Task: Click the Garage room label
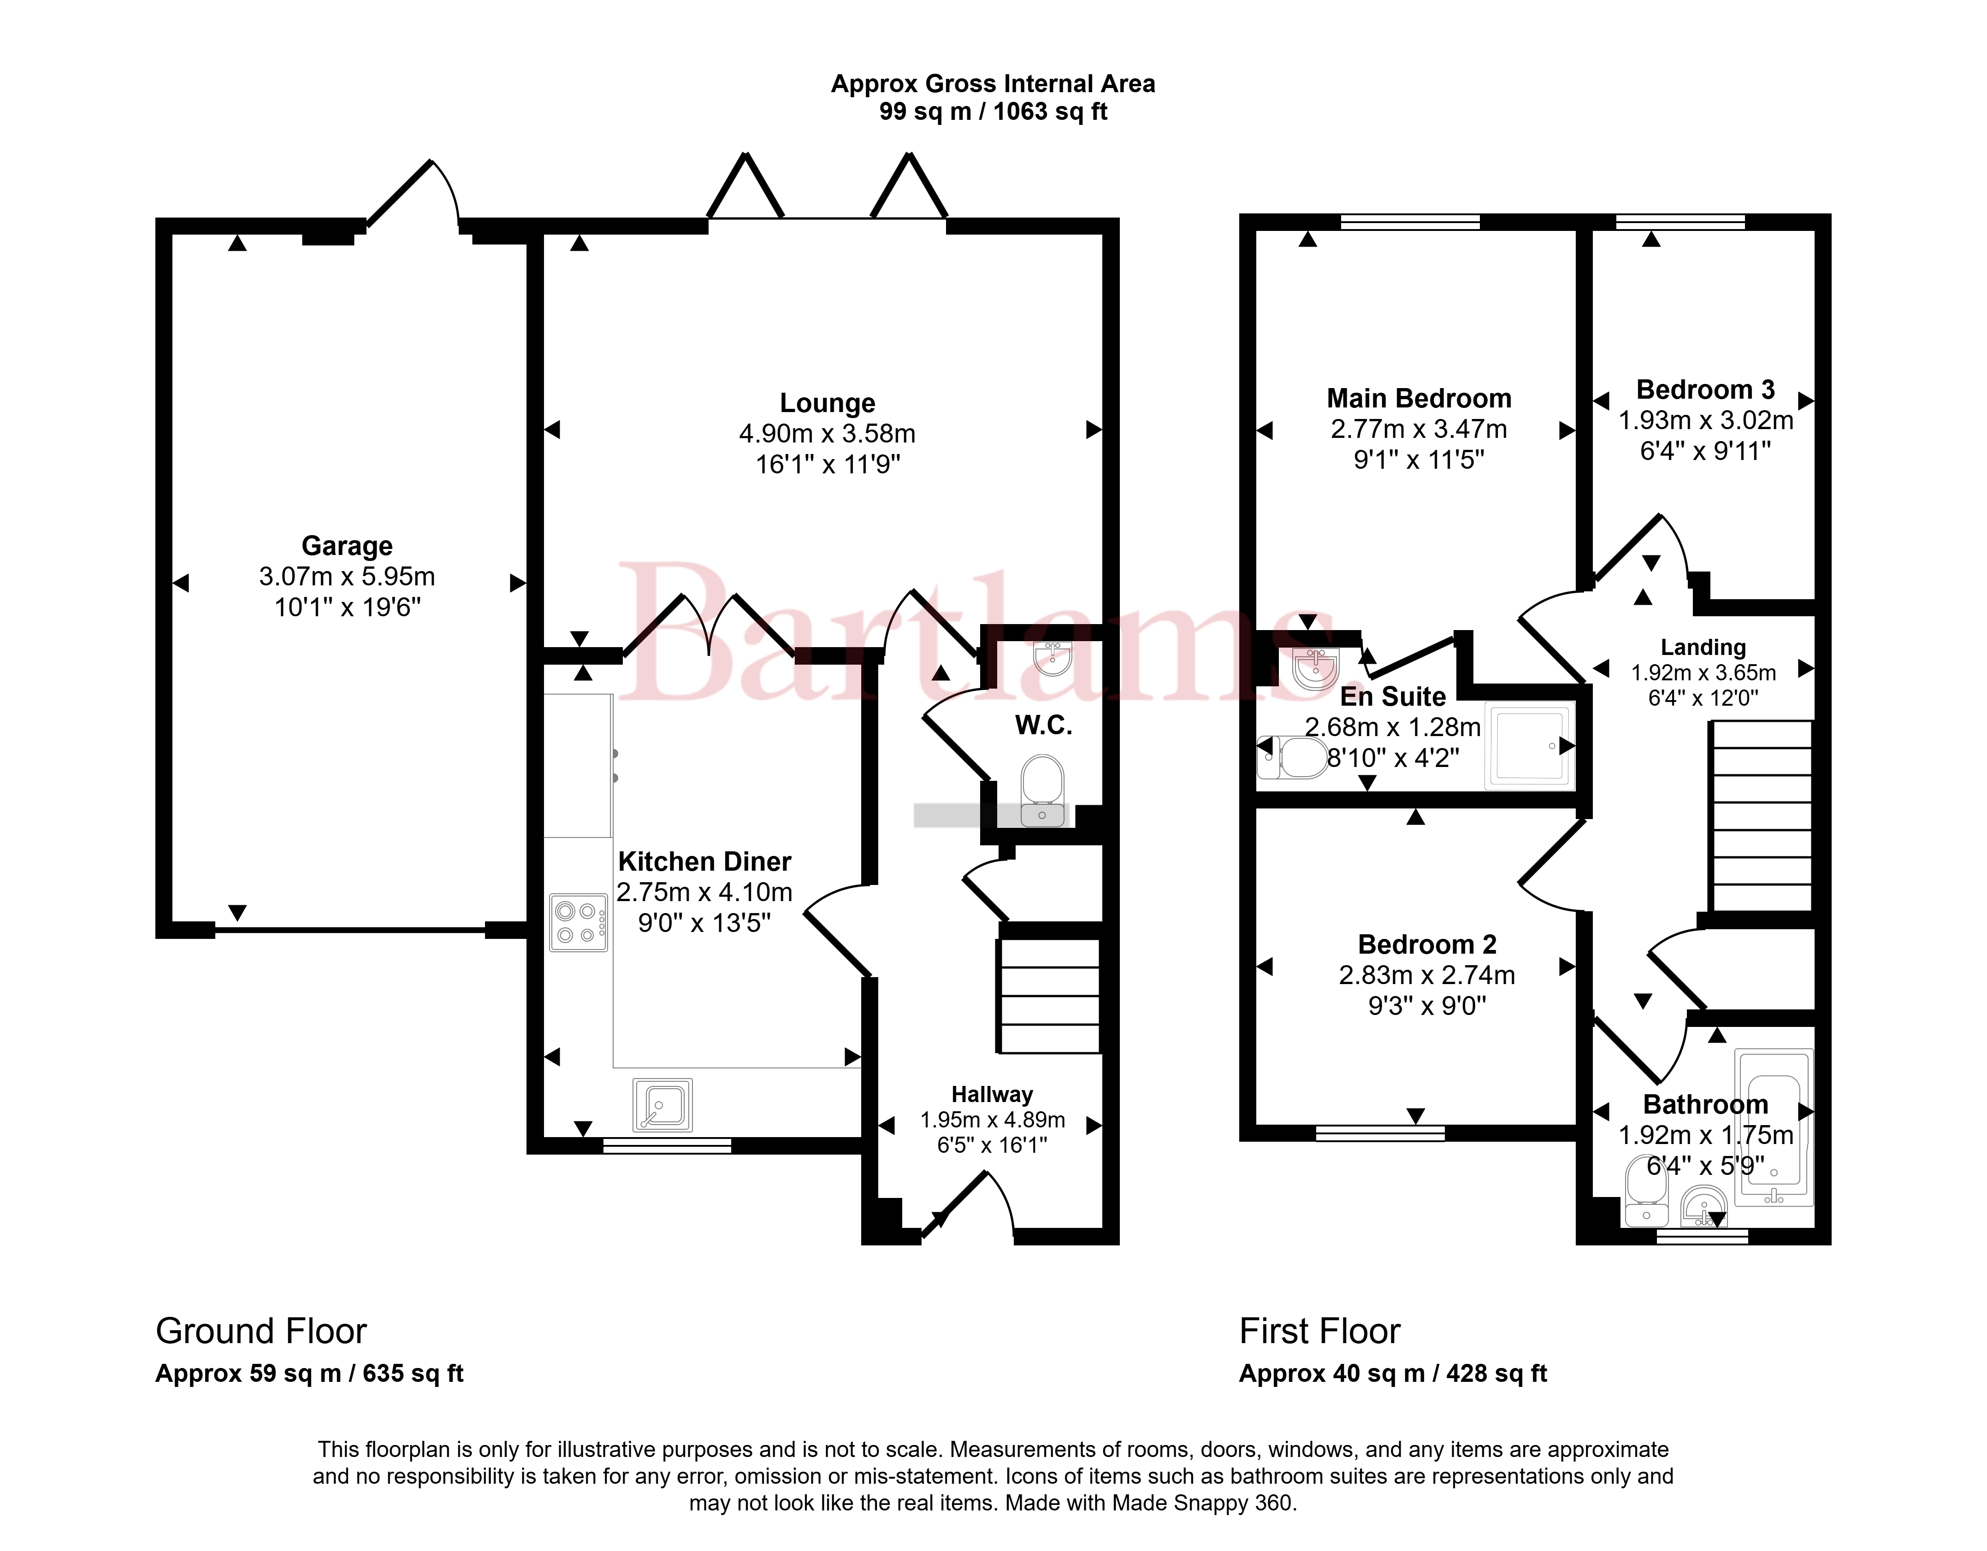[347, 546]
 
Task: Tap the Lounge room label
[827, 403]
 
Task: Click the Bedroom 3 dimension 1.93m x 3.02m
[1706, 420]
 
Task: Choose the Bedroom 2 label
[1426, 944]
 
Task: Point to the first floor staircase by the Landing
[1762, 816]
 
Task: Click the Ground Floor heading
[261, 1331]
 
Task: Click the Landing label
[1703, 647]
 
